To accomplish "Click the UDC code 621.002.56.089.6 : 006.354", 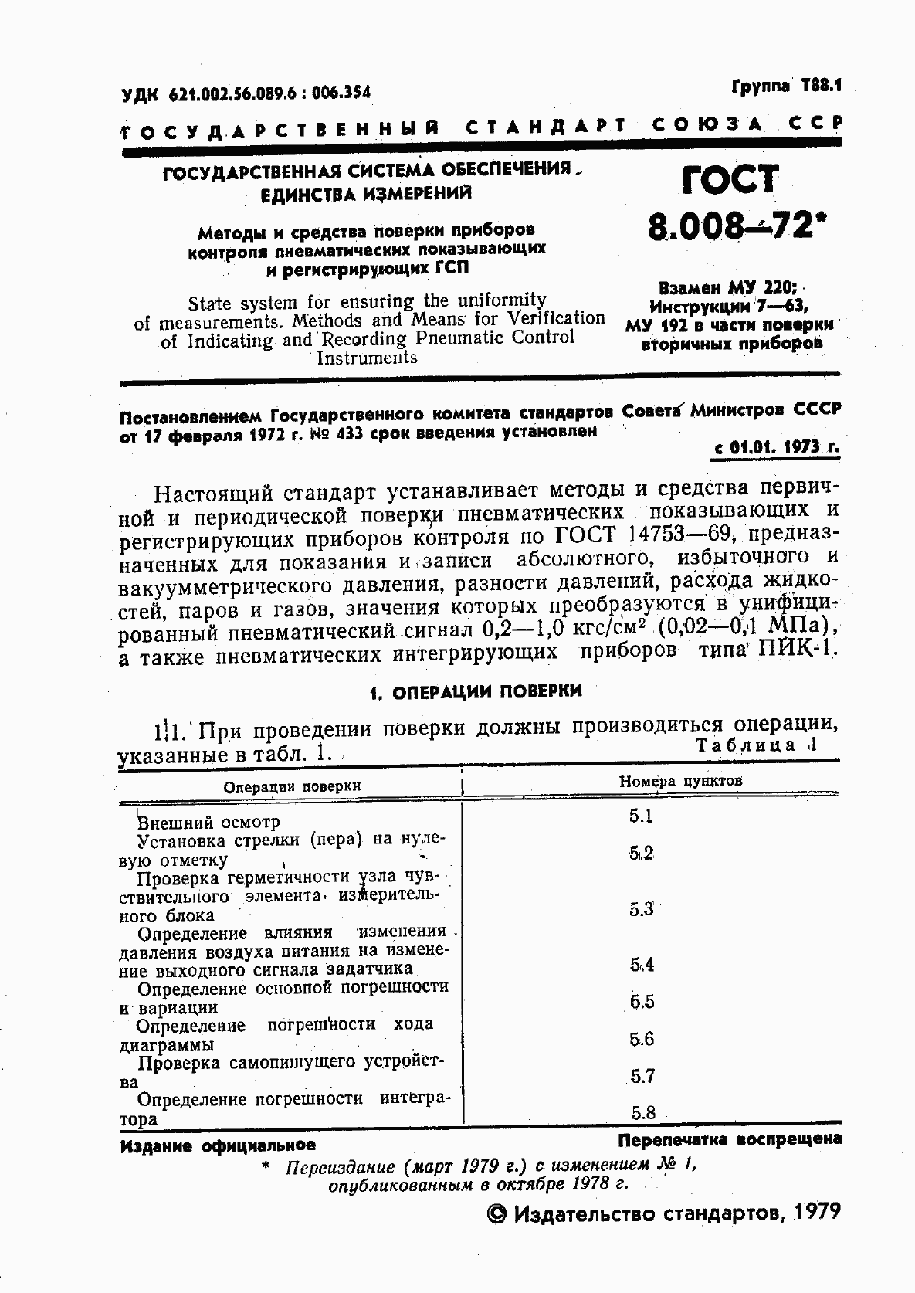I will [x=246, y=93].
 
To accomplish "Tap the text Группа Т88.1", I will [x=785, y=86].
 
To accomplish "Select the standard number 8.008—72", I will [x=730, y=226].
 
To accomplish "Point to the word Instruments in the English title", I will [x=367, y=358].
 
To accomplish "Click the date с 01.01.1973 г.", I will [x=774, y=447].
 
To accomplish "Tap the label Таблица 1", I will [x=755, y=745].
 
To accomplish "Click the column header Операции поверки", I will [x=292, y=786].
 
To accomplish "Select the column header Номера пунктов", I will [x=680, y=781].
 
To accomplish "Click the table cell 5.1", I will [x=641, y=816].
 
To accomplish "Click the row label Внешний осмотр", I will [x=208, y=822].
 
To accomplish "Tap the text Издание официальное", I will [x=218, y=1146].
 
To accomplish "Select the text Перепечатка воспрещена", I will [x=730, y=1139].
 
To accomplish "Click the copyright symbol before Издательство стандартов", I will [x=497, y=1215].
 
